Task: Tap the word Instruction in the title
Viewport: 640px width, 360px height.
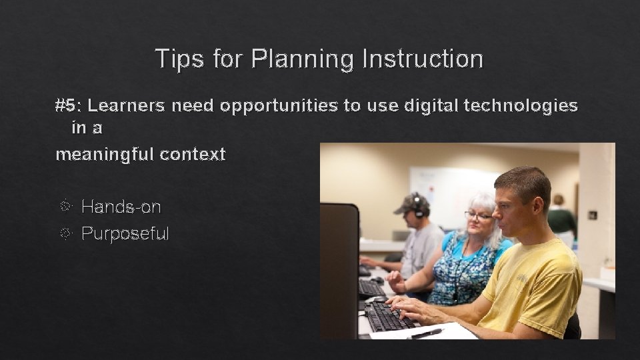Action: (422, 59)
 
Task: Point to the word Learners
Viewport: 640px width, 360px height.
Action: (127, 105)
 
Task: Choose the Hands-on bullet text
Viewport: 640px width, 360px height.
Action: (121, 207)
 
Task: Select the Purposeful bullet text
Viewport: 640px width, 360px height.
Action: (125, 233)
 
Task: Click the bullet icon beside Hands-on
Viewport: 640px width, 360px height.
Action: (66, 207)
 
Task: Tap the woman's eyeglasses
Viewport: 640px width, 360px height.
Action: (479, 216)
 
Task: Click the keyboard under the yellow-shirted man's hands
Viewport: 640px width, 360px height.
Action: (390, 316)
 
